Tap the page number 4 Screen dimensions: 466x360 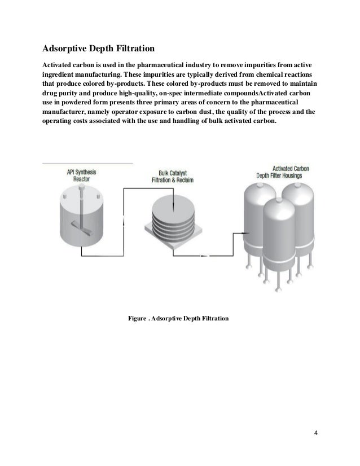[x=316, y=433]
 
